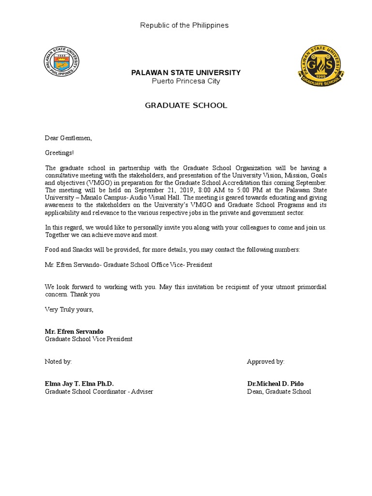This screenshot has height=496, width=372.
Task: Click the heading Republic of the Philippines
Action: pos(184,25)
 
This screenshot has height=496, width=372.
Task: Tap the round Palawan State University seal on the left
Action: pos(62,61)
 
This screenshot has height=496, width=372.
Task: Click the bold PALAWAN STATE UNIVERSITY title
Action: pos(186,73)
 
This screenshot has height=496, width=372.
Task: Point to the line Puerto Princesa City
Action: pos(186,81)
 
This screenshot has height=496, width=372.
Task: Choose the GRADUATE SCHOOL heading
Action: pos(186,105)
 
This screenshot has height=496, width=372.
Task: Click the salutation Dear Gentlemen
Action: pos(68,138)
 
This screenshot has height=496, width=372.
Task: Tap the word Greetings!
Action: pos(60,153)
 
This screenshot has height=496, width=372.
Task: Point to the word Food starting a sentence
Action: pos(53,249)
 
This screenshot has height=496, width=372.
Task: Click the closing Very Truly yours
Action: pos(69,309)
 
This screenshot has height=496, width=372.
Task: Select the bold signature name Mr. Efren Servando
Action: pos(74,331)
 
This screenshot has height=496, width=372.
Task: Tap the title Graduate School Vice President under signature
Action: pos(89,339)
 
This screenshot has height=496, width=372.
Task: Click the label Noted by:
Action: pos(59,361)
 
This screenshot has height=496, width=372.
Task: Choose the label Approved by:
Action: pos(266,361)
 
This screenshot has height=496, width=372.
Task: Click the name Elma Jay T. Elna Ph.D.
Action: pos(79,384)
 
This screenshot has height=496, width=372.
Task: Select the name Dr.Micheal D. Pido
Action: pos(276,384)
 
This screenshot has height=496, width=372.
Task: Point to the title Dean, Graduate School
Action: pos(279,391)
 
